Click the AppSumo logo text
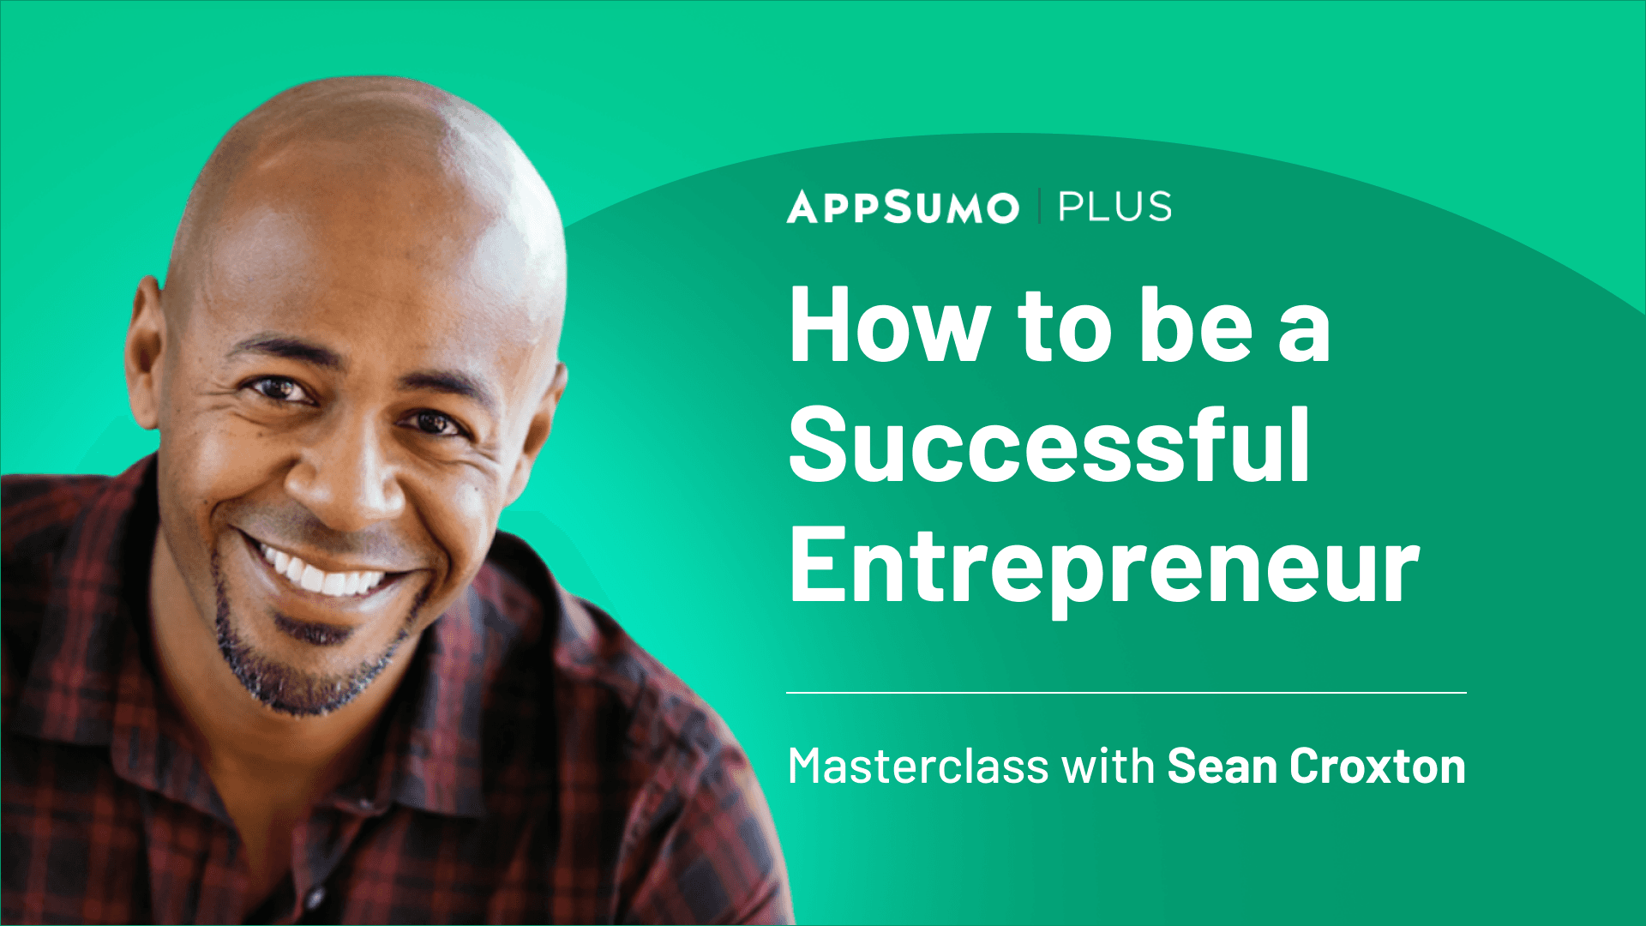(x=903, y=207)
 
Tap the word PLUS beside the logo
(x=1114, y=207)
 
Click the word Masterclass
(x=917, y=766)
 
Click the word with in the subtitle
(x=1108, y=766)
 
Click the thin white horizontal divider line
(x=1126, y=692)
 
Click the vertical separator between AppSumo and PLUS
(x=1039, y=207)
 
